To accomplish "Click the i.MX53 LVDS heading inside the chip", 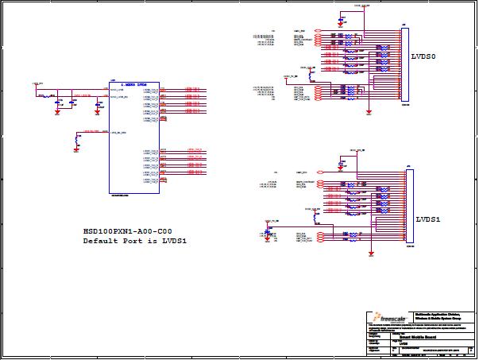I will coord(133,84).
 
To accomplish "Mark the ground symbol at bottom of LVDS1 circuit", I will coord(371,254).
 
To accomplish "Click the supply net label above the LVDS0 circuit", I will coord(361,5).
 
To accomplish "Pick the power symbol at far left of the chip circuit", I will coord(36,83).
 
